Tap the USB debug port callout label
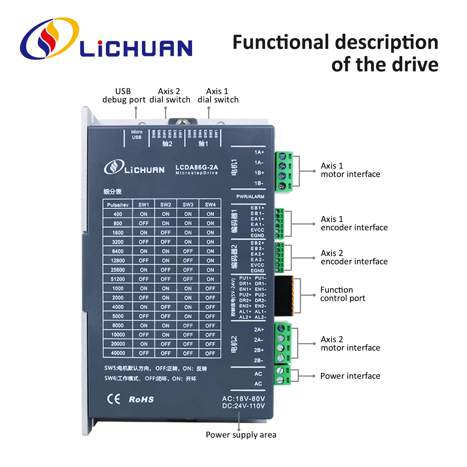coord(124,96)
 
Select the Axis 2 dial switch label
coord(170,96)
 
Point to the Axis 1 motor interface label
coord(350,170)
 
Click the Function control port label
coord(342,294)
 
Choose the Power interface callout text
coord(350,376)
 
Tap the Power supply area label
coord(241,435)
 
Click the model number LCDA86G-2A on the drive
coord(196,167)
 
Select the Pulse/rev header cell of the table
coord(118,205)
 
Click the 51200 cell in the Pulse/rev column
coord(118,279)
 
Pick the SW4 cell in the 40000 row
coord(210,353)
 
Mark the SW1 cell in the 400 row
coord(144,214)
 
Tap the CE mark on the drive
coord(114,399)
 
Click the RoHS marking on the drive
coord(141,399)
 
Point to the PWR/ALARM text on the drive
coord(250,197)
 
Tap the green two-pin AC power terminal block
coord(282,375)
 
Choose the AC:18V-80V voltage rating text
coord(243,399)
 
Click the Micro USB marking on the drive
coord(136,135)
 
